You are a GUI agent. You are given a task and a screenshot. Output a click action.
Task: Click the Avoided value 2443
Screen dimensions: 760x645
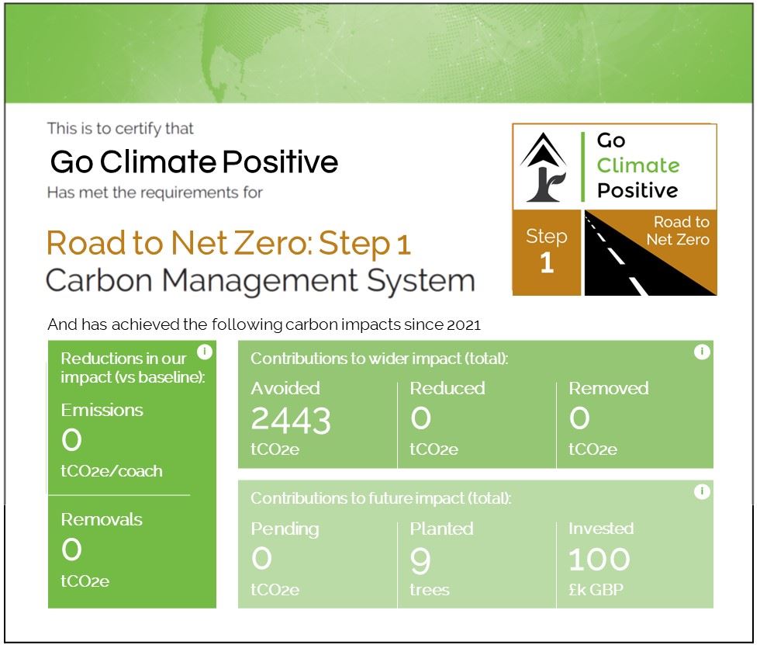[291, 420]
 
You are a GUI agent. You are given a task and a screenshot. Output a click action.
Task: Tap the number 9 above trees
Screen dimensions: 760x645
[420, 560]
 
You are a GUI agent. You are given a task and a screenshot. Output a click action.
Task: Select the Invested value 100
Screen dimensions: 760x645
[599, 559]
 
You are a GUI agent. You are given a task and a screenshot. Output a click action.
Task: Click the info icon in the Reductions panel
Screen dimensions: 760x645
[205, 352]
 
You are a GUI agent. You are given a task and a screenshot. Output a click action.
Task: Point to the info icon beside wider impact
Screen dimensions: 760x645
[702, 352]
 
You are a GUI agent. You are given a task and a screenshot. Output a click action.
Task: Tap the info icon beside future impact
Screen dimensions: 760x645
[702, 492]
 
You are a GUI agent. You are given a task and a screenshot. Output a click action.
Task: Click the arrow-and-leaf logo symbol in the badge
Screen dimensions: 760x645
[544, 168]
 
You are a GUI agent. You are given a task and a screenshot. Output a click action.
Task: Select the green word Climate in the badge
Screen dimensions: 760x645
[637, 165]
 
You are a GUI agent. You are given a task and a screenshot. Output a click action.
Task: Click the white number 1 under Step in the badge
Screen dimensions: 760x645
[547, 262]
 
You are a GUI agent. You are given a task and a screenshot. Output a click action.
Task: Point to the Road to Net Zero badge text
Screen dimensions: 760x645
[678, 231]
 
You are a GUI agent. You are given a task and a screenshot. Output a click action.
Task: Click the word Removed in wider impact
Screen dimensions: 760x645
[609, 388]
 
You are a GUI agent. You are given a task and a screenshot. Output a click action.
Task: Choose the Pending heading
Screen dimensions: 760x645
[285, 529]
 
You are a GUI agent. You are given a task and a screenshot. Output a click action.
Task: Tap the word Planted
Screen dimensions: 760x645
[441, 529]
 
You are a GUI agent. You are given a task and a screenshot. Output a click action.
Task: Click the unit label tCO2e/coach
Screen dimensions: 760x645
[112, 471]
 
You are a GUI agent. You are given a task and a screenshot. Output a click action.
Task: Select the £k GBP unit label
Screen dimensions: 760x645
[596, 590]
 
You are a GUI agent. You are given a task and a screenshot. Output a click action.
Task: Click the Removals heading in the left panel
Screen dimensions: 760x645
[102, 520]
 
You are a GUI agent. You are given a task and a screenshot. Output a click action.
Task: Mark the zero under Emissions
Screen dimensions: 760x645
[71, 440]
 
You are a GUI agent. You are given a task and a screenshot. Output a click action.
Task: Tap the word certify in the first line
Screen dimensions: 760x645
[138, 129]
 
